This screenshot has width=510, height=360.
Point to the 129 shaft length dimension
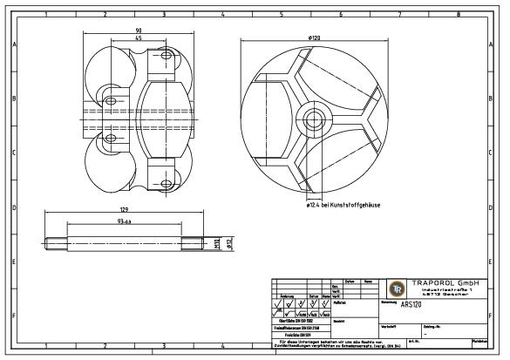(x=124, y=211)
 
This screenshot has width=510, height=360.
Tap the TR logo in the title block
(x=397, y=289)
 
